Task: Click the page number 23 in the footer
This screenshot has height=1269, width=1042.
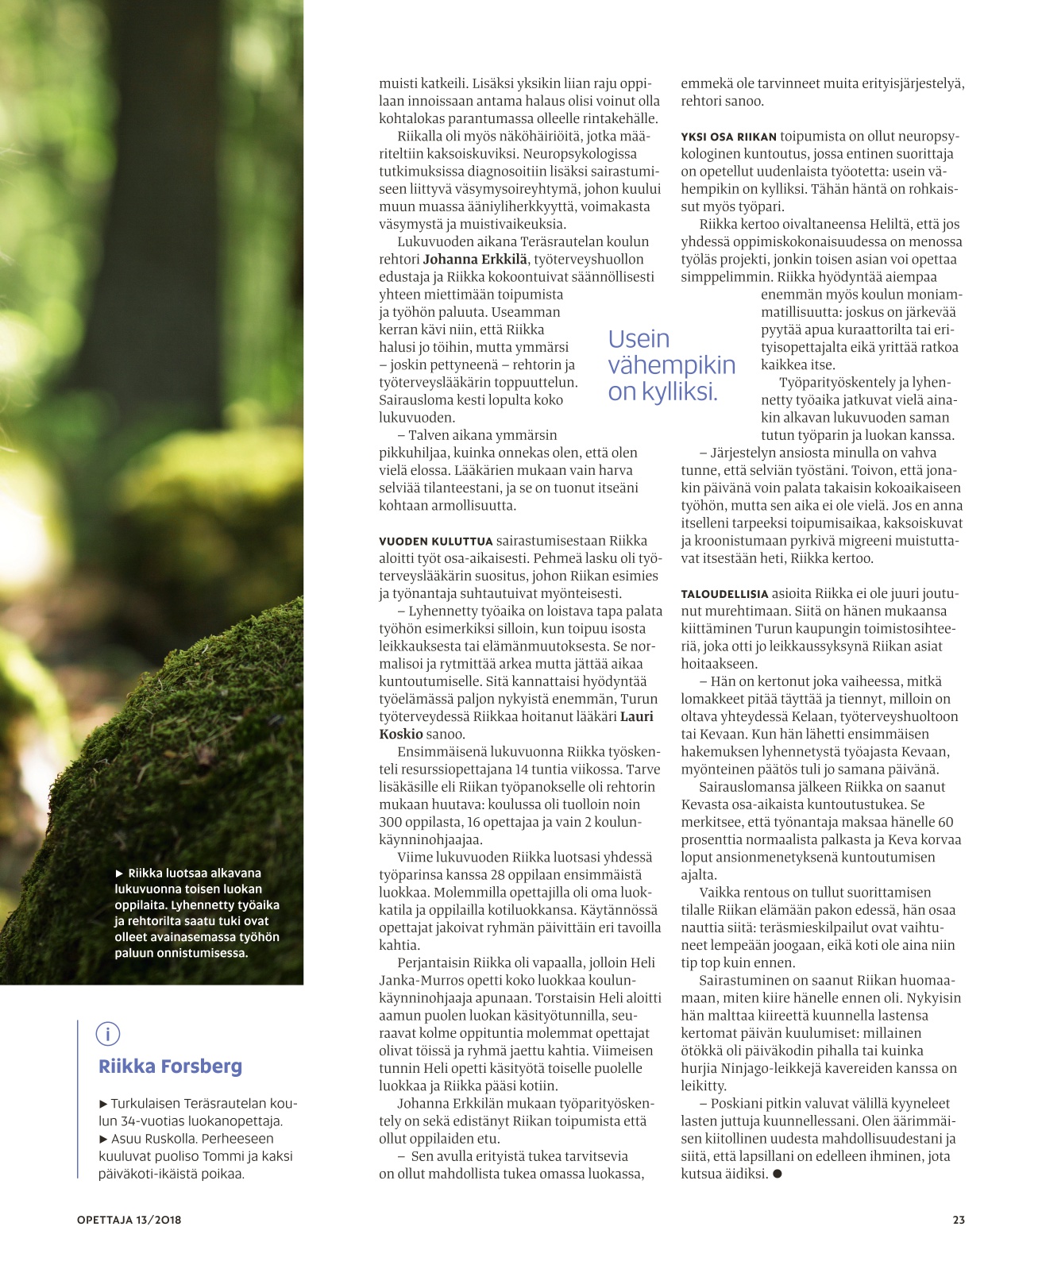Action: click(959, 1220)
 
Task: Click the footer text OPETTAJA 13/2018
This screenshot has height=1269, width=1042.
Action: click(129, 1220)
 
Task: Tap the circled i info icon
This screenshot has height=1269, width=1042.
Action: click(108, 1034)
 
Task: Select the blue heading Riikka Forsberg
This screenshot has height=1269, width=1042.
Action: click(170, 1066)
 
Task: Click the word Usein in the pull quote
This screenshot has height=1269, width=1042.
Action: click(639, 339)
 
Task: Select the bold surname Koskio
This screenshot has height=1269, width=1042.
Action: click(401, 734)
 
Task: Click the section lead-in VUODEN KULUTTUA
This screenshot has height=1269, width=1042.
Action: click(435, 542)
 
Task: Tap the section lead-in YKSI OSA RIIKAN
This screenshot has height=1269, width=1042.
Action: click(728, 137)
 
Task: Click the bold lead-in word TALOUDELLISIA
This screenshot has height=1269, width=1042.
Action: click(724, 594)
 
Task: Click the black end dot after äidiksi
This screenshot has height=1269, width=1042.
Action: click(777, 1174)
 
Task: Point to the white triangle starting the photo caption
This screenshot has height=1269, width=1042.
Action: click(120, 874)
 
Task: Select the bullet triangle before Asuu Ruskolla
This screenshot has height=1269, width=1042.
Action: click(103, 1139)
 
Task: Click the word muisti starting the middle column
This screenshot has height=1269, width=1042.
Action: click(398, 83)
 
